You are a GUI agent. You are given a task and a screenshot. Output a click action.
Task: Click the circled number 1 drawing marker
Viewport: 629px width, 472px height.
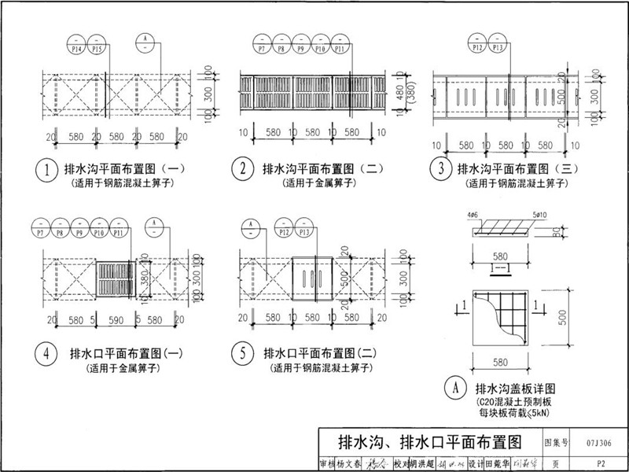click(x=48, y=170)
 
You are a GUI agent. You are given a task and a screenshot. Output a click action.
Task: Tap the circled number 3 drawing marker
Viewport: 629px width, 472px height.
click(x=441, y=170)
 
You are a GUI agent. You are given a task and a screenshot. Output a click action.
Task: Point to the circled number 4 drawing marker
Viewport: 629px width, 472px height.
click(x=48, y=353)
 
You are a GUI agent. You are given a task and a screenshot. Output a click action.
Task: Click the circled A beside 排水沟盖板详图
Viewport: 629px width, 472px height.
click(x=454, y=389)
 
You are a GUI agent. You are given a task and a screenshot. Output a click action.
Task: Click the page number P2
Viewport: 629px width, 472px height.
click(x=601, y=464)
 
